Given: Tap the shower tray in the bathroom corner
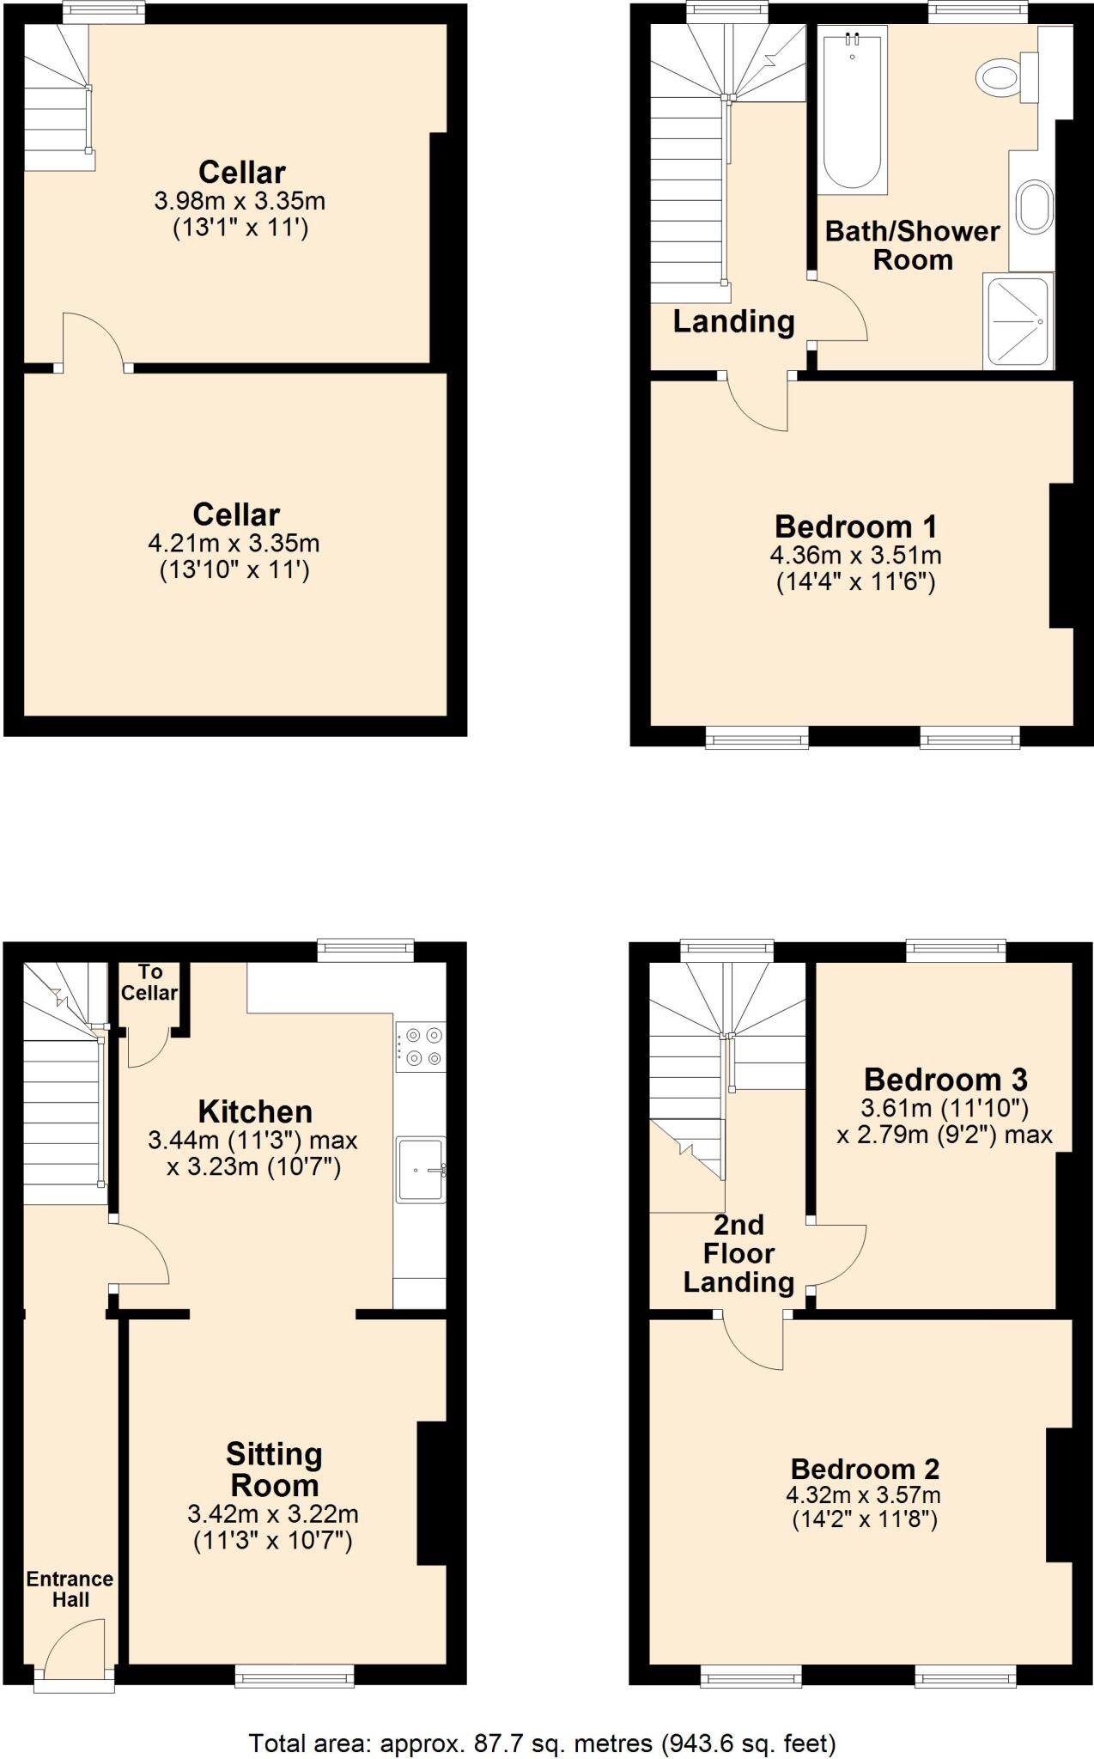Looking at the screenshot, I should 1018,321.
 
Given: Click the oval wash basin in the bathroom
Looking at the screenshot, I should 1035,207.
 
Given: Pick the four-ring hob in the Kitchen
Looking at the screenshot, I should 421,1046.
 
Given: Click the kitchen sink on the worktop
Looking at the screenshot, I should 420,1169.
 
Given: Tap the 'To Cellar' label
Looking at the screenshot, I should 149,983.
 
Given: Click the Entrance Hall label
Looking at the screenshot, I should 70,1589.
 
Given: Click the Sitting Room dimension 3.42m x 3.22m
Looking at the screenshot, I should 273,1514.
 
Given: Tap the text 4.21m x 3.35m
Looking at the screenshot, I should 234,543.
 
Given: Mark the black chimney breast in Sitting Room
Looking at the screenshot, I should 431,1493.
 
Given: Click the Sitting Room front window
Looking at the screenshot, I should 295,1676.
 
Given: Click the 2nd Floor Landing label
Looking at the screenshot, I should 738,1254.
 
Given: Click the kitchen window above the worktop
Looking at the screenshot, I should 365,949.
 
